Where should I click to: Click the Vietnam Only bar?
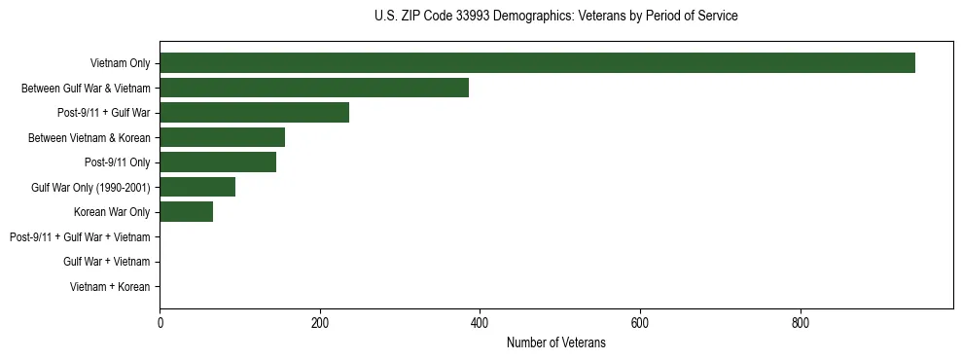[537, 63]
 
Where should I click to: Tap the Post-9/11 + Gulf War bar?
[254, 113]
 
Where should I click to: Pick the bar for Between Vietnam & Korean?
[222, 137]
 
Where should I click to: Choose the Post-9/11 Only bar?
[218, 162]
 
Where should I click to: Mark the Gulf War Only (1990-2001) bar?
[197, 187]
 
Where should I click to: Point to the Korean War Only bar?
[186, 212]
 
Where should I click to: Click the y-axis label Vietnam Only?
[120, 63]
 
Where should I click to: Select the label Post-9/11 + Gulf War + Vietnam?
[80, 236]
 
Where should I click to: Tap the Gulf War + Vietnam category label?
[107, 262]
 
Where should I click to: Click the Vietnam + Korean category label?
[110, 286]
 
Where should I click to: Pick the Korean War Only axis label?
[112, 212]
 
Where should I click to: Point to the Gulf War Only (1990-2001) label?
[90, 187]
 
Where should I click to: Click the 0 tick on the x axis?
[160, 323]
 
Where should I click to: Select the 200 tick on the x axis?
[320, 323]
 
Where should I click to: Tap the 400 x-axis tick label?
[480, 323]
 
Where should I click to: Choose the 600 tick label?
[640, 323]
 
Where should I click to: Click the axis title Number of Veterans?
[555, 342]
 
